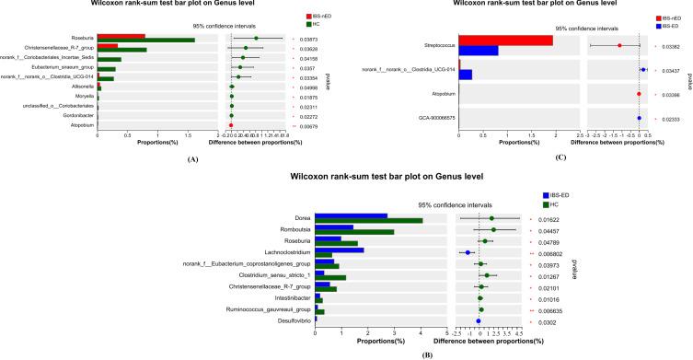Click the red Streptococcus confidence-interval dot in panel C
(619, 45)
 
